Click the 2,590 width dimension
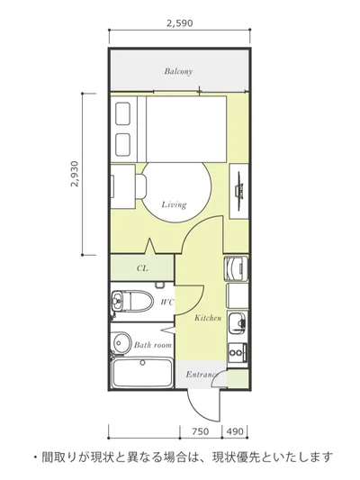(179, 23)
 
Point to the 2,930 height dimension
(75, 174)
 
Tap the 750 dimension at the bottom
(201, 431)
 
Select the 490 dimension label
(235, 431)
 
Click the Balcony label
(178, 71)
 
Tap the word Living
(174, 204)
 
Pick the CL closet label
(142, 268)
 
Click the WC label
(167, 303)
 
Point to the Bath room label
(153, 345)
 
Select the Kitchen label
(208, 318)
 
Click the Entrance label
(202, 374)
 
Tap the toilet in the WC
(131, 300)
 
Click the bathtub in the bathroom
(142, 373)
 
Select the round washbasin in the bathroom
(121, 342)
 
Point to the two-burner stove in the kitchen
(237, 353)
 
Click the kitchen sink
(238, 324)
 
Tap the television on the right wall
(239, 190)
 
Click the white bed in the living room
(186, 129)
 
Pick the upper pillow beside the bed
(123, 113)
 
